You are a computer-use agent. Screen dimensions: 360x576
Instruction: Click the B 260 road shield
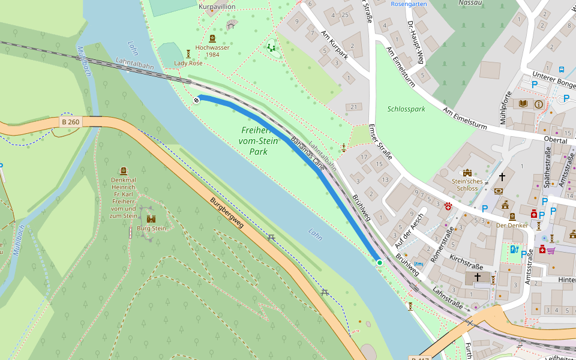coord(70,122)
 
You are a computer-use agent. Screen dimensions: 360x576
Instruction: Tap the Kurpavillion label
coord(217,7)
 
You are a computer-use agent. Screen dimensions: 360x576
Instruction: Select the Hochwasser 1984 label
coord(211,51)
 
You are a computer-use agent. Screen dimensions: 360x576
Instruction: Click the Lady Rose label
coord(188,63)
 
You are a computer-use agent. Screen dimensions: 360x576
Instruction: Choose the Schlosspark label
coord(406,109)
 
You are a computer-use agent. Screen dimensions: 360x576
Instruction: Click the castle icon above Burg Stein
coord(151,219)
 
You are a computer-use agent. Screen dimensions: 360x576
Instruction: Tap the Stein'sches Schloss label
coord(467,184)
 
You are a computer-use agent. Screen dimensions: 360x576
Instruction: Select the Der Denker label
coord(512,226)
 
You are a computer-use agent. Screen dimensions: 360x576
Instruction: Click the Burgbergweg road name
coord(227,214)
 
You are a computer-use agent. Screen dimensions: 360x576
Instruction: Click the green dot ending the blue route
coord(379,262)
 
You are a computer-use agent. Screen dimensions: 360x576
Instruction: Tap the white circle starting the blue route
coord(196,100)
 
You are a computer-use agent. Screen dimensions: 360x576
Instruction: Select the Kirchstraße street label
coord(466,263)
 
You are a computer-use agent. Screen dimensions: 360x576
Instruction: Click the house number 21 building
coord(353,107)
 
